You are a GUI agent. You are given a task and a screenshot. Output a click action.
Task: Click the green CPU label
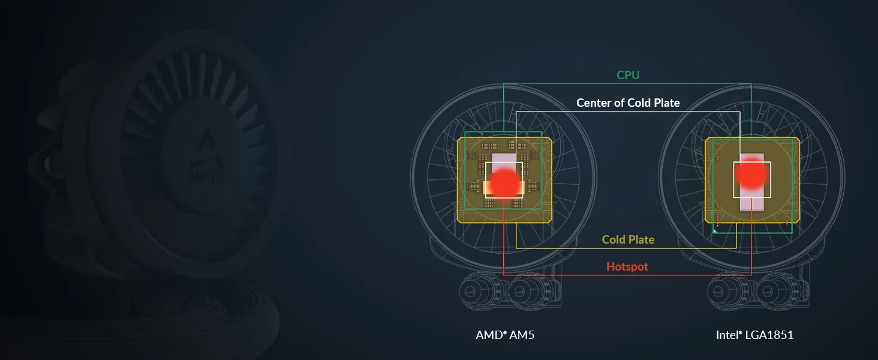[628, 75]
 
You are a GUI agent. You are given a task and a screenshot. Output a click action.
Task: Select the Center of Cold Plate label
[628, 103]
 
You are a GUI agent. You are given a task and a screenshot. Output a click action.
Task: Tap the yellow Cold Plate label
[628, 239]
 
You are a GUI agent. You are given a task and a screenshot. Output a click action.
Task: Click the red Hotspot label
[627, 266]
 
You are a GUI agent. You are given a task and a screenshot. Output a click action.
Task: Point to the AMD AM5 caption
[505, 335]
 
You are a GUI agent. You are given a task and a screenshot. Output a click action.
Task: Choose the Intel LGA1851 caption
[754, 335]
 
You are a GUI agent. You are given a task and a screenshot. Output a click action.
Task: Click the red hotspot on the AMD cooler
[505, 184]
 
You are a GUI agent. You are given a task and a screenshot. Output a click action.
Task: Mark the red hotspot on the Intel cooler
[751, 173]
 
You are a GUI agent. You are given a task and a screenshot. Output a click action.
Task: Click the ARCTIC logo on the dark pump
[207, 157]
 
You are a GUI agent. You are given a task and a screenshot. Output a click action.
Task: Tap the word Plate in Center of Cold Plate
[667, 103]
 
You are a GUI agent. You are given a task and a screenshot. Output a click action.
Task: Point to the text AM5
[522, 335]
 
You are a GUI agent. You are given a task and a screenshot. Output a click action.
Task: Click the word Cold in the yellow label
[614, 239]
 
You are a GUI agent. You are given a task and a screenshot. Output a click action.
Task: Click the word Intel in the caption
[729, 335]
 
